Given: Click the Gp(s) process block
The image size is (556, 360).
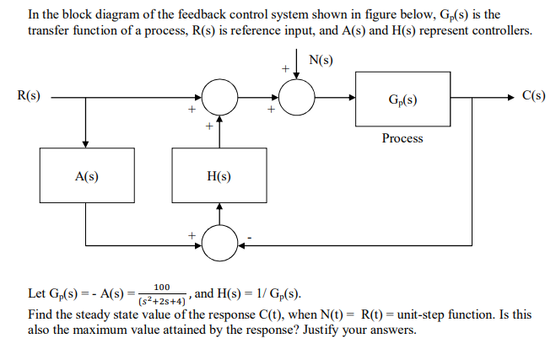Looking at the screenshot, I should coord(402,99).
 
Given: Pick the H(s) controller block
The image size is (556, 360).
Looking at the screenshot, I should coord(219,176).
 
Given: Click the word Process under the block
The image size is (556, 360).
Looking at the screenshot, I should coord(402,137).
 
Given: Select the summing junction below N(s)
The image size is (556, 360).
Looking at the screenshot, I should coord(295,99).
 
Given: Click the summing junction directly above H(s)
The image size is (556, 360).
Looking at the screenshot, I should coord(219,99).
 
